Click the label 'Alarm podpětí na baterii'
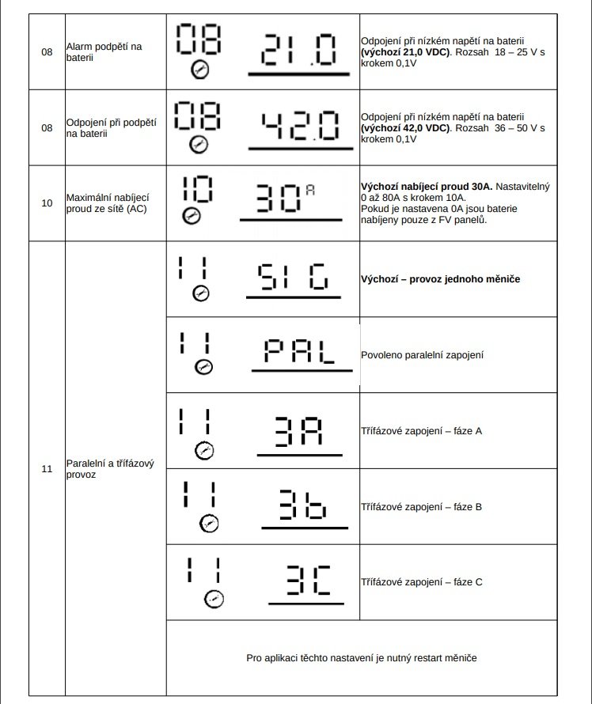point(104,52)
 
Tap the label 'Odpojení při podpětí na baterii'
point(111,127)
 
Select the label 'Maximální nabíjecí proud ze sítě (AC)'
point(108,202)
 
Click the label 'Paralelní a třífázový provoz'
point(109,468)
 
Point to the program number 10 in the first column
point(47,202)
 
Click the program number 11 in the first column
point(47,468)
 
